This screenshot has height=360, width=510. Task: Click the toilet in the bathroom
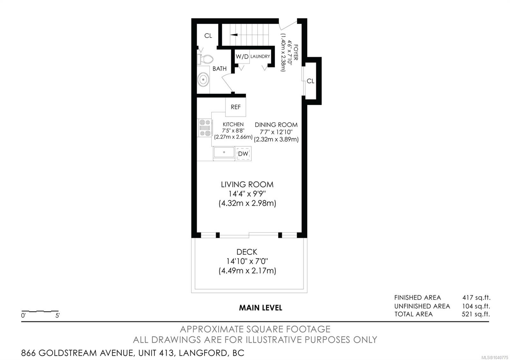[205, 59]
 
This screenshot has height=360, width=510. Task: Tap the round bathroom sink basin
[203, 79]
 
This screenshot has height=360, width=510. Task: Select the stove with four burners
[205, 128]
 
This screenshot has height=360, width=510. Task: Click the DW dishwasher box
[243, 154]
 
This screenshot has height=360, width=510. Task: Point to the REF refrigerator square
[236, 107]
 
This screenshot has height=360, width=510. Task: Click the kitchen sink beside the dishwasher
[224, 153]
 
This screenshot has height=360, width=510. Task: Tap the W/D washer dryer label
[242, 56]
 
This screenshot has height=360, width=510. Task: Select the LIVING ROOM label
[247, 184]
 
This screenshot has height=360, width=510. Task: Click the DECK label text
[247, 252]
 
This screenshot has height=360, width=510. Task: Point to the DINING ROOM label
[276, 125]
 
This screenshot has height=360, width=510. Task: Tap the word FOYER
[296, 52]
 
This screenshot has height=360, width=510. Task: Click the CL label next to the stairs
[208, 36]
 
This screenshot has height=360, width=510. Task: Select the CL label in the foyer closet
[310, 81]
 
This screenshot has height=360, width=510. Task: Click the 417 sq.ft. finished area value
[476, 298]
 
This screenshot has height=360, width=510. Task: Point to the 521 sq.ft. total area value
[476, 314]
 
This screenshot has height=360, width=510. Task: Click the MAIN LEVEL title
[261, 308]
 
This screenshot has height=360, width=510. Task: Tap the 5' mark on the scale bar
[58, 315]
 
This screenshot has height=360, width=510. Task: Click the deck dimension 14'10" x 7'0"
[247, 261]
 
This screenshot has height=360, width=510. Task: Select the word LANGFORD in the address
[203, 353]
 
